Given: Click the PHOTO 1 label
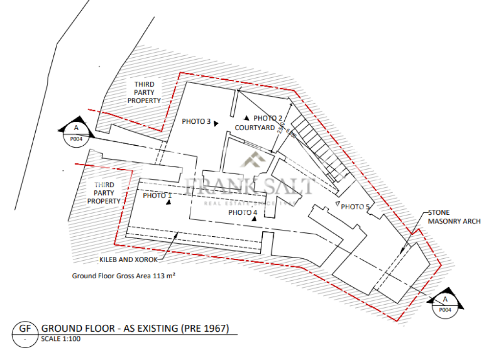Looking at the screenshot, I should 157,195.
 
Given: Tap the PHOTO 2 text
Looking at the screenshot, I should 268,118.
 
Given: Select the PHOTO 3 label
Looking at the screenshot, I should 196,121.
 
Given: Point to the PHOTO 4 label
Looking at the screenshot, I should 242,212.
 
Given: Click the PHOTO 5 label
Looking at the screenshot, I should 355,206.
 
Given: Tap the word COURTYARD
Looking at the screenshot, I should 254,128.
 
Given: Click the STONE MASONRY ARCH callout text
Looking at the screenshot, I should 454,217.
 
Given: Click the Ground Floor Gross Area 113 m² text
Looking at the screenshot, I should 124,276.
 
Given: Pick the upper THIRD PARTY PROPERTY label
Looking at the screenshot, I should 144,92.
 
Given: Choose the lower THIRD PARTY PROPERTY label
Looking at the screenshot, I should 104,193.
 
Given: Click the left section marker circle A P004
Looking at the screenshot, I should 76,134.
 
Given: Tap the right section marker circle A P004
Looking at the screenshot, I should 444,304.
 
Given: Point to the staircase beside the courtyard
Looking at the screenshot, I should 320,146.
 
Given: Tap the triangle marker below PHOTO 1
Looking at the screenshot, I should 168,204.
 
